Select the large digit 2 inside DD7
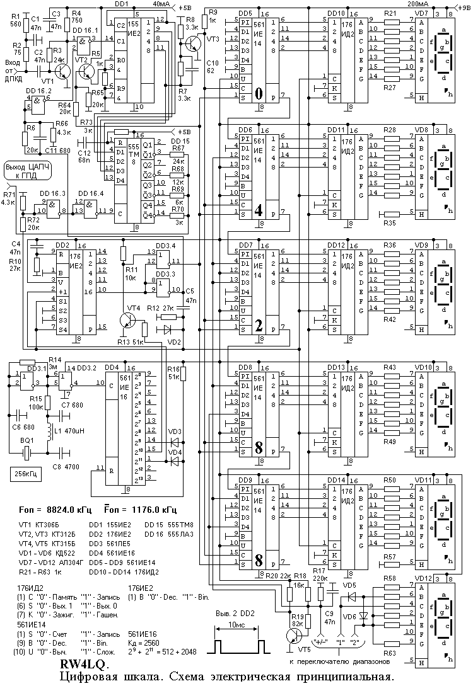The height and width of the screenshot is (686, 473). pyautogui.click(x=259, y=326)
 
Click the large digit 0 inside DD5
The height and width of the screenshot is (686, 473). pyautogui.click(x=259, y=94)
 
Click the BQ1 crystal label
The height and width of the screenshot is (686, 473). pyautogui.click(x=27, y=439)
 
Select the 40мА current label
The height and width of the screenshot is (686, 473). pyautogui.click(x=161, y=4)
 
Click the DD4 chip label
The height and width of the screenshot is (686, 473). pyautogui.click(x=112, y=367)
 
